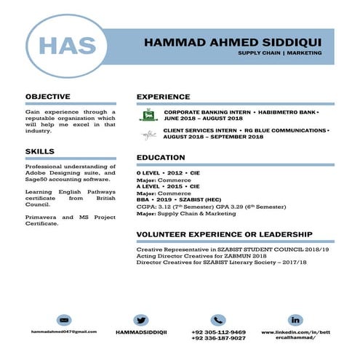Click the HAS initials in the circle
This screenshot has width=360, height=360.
[x=67, y=46]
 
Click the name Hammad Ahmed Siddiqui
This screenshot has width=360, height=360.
[x=228, y=41]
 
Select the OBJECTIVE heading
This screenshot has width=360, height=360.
[x=48, y=96]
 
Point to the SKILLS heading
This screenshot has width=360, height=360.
[x=39, y=151]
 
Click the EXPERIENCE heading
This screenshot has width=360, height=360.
[x=163, y=96]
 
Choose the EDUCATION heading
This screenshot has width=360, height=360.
[x=161, y=158]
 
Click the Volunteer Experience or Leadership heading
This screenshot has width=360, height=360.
[x=225, y=234]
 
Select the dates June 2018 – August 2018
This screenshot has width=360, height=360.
[x=203, y=119]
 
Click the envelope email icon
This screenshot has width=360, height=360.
[x=64, y=320]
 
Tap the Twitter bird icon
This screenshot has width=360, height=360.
[x=141, y=320]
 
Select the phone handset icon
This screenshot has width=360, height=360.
[x=218, y=320]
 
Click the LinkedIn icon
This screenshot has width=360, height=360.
[x=295, y=320]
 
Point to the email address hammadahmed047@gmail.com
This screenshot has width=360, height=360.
[x=64, y=332]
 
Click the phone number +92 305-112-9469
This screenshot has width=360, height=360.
[x=218, y=332]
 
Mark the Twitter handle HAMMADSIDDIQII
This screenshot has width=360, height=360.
[x=141, y=332]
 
